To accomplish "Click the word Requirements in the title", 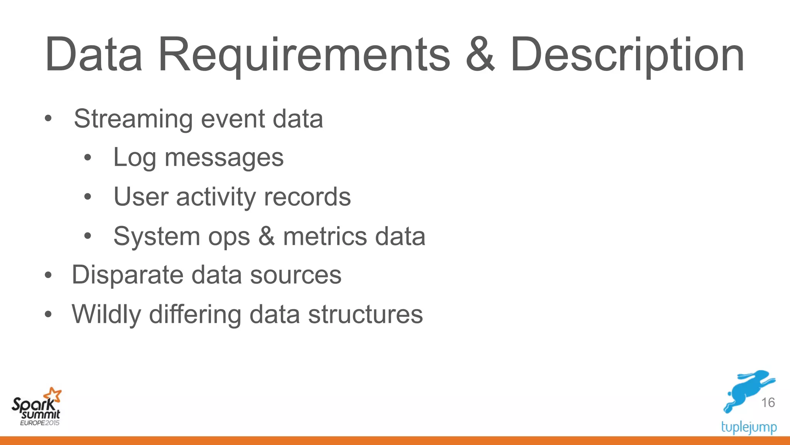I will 304,55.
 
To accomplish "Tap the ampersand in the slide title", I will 480,55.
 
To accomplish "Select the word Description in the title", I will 627,55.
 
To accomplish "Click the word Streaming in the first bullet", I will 133,119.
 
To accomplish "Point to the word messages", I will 224,158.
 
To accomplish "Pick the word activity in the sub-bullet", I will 216,197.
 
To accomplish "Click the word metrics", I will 325,236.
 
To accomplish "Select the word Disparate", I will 127,275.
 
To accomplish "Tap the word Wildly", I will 106,314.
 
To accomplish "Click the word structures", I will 365,314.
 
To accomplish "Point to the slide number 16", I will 768,403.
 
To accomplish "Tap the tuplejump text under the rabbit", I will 749,427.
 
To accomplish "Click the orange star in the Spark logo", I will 53,395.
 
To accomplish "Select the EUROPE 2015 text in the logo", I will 40,423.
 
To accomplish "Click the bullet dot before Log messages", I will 88,158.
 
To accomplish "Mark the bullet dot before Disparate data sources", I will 48,275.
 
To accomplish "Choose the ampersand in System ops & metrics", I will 266,236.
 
